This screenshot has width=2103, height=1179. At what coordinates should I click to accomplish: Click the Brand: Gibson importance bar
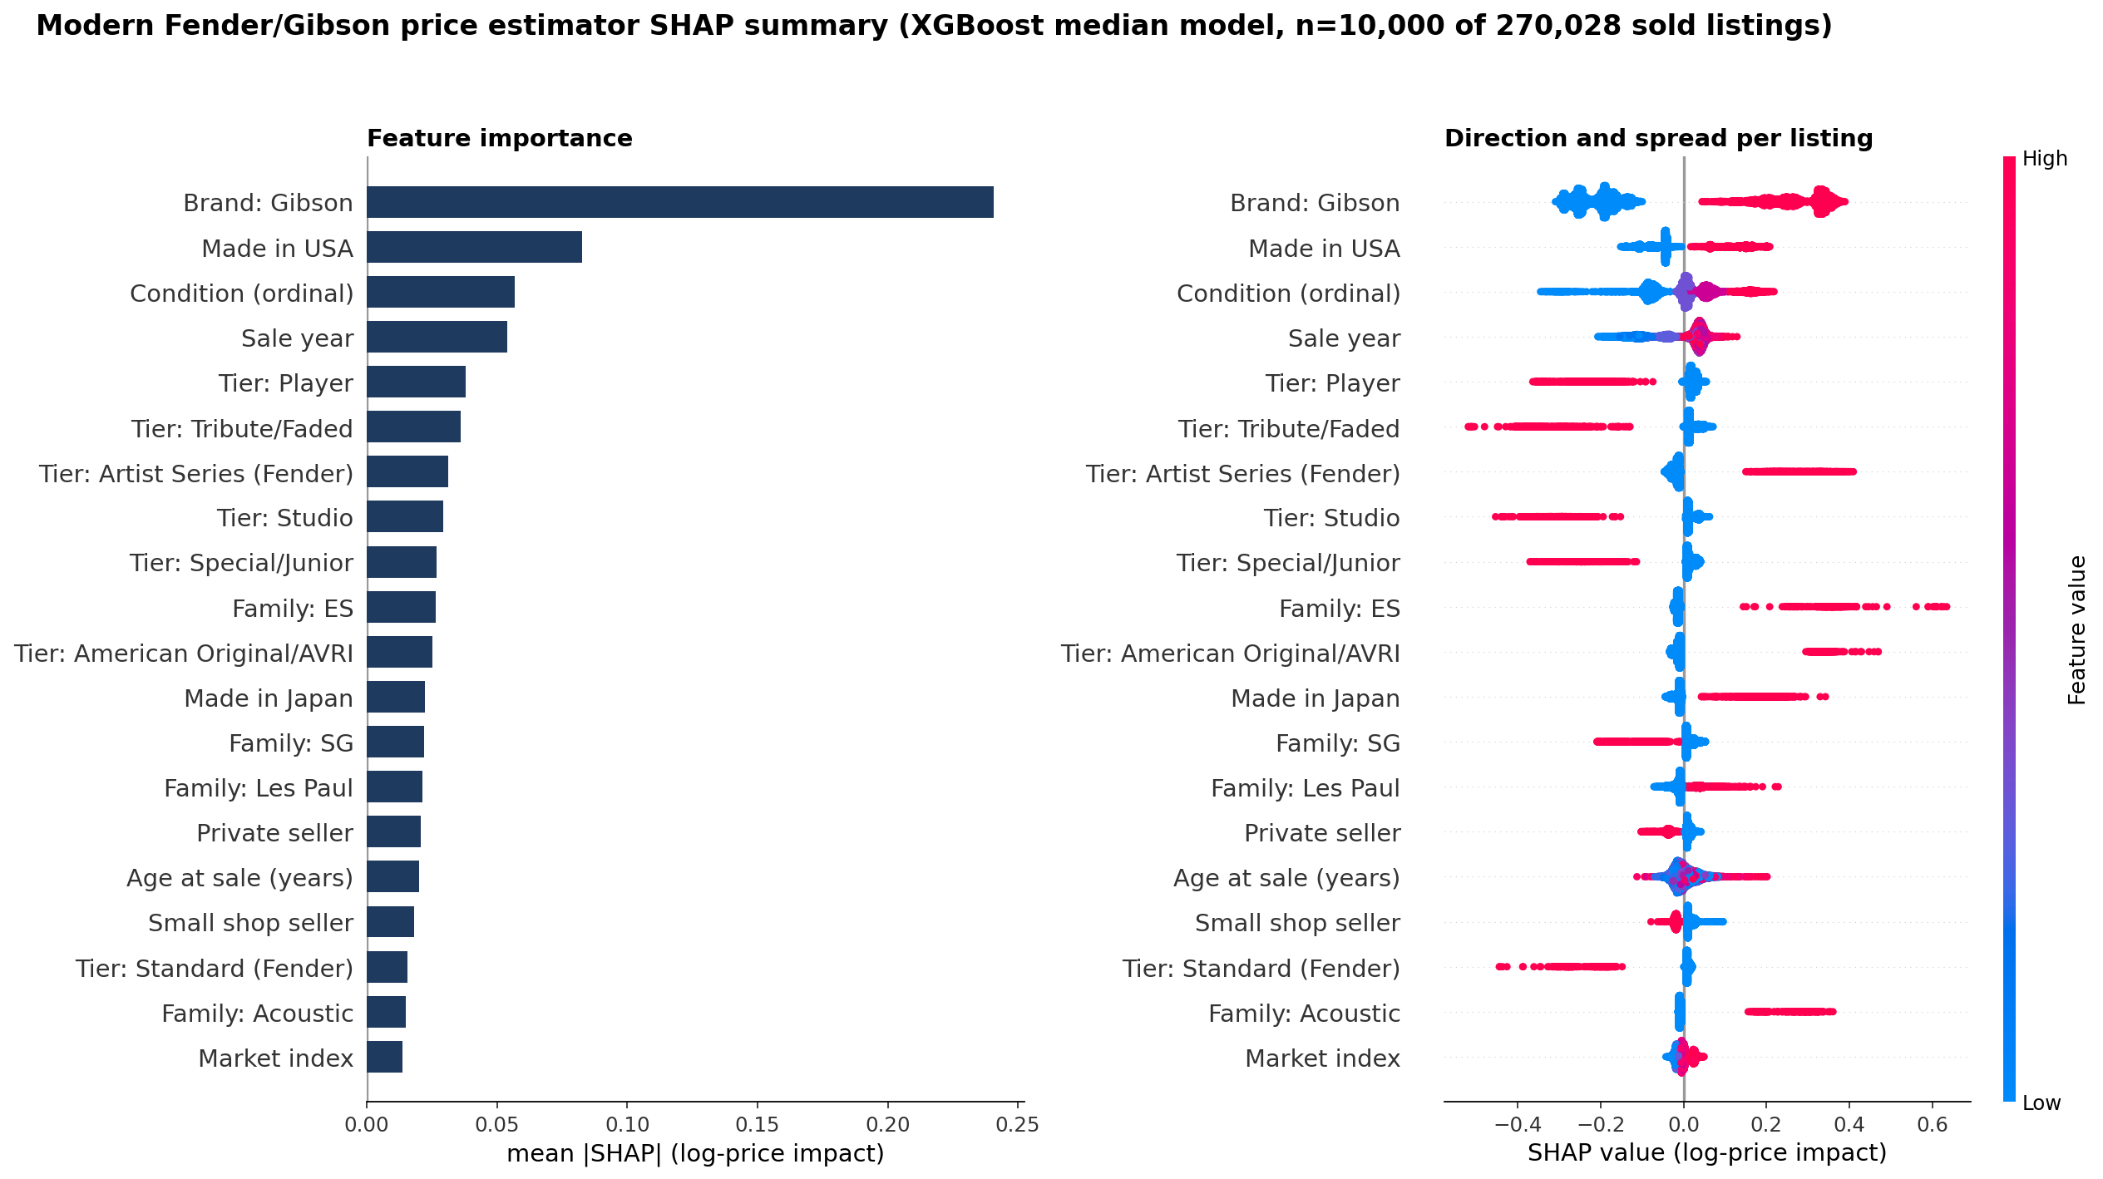(x=680, y=202)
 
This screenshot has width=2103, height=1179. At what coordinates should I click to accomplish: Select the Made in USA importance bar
(x=474, y=247)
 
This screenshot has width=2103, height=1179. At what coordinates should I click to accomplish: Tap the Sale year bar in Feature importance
(x=437, y=337)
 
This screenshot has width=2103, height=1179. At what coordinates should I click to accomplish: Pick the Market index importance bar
(x=384, y=1057)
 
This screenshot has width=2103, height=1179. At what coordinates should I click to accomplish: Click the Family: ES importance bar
(x=401, y=607)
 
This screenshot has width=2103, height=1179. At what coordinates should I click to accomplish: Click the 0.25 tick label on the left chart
(x=1018, y=1125)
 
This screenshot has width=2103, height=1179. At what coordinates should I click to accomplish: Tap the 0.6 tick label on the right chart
(x=1933, y=1125)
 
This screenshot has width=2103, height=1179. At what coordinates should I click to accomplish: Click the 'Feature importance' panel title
(x=500, y=138)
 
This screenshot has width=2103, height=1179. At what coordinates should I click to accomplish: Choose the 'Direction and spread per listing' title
(x=1659, y=138)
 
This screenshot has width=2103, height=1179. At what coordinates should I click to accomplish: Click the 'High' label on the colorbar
(x=2045, y=158)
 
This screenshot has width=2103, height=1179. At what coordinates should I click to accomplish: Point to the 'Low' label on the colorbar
(x=2041, y=1103)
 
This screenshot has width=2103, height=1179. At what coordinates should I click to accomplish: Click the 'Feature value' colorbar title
(x=2076, y=630)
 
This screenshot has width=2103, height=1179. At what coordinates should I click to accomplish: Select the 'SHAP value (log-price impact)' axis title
(x=1707, y=1152)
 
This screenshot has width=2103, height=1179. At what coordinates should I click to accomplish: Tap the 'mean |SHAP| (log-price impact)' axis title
(x=695, y=1154)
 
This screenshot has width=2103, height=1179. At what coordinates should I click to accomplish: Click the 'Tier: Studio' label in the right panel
(x=1332, y=518)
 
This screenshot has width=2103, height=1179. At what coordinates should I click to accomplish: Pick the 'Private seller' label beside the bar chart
(x=274, y=833)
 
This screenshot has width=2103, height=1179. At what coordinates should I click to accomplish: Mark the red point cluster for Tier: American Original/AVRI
(x=1841, y=652)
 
